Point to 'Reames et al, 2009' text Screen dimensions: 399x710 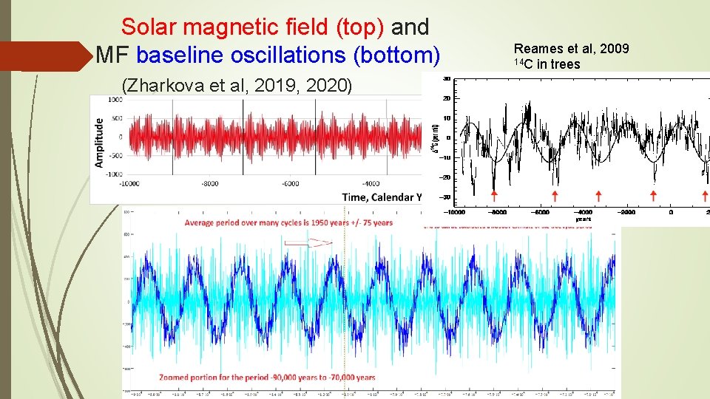[571, 49]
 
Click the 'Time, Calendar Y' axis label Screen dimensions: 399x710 [381, 197]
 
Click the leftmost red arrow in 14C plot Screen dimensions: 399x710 [494, 195]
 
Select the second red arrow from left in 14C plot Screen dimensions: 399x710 [555, 195]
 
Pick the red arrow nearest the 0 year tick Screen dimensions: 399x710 [653, 195]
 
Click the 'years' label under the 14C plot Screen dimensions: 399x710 [583, 219]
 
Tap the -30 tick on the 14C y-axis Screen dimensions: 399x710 [445, 196]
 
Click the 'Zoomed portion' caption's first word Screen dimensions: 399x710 [207, 376]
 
